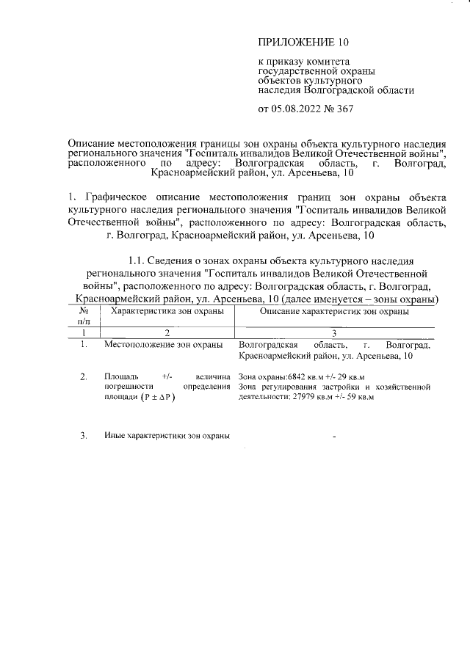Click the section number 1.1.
138,260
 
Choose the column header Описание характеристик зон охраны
335,312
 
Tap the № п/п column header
84,316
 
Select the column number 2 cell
167,333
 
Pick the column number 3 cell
334,333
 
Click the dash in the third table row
334,437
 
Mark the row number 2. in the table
84,378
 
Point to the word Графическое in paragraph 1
118,198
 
